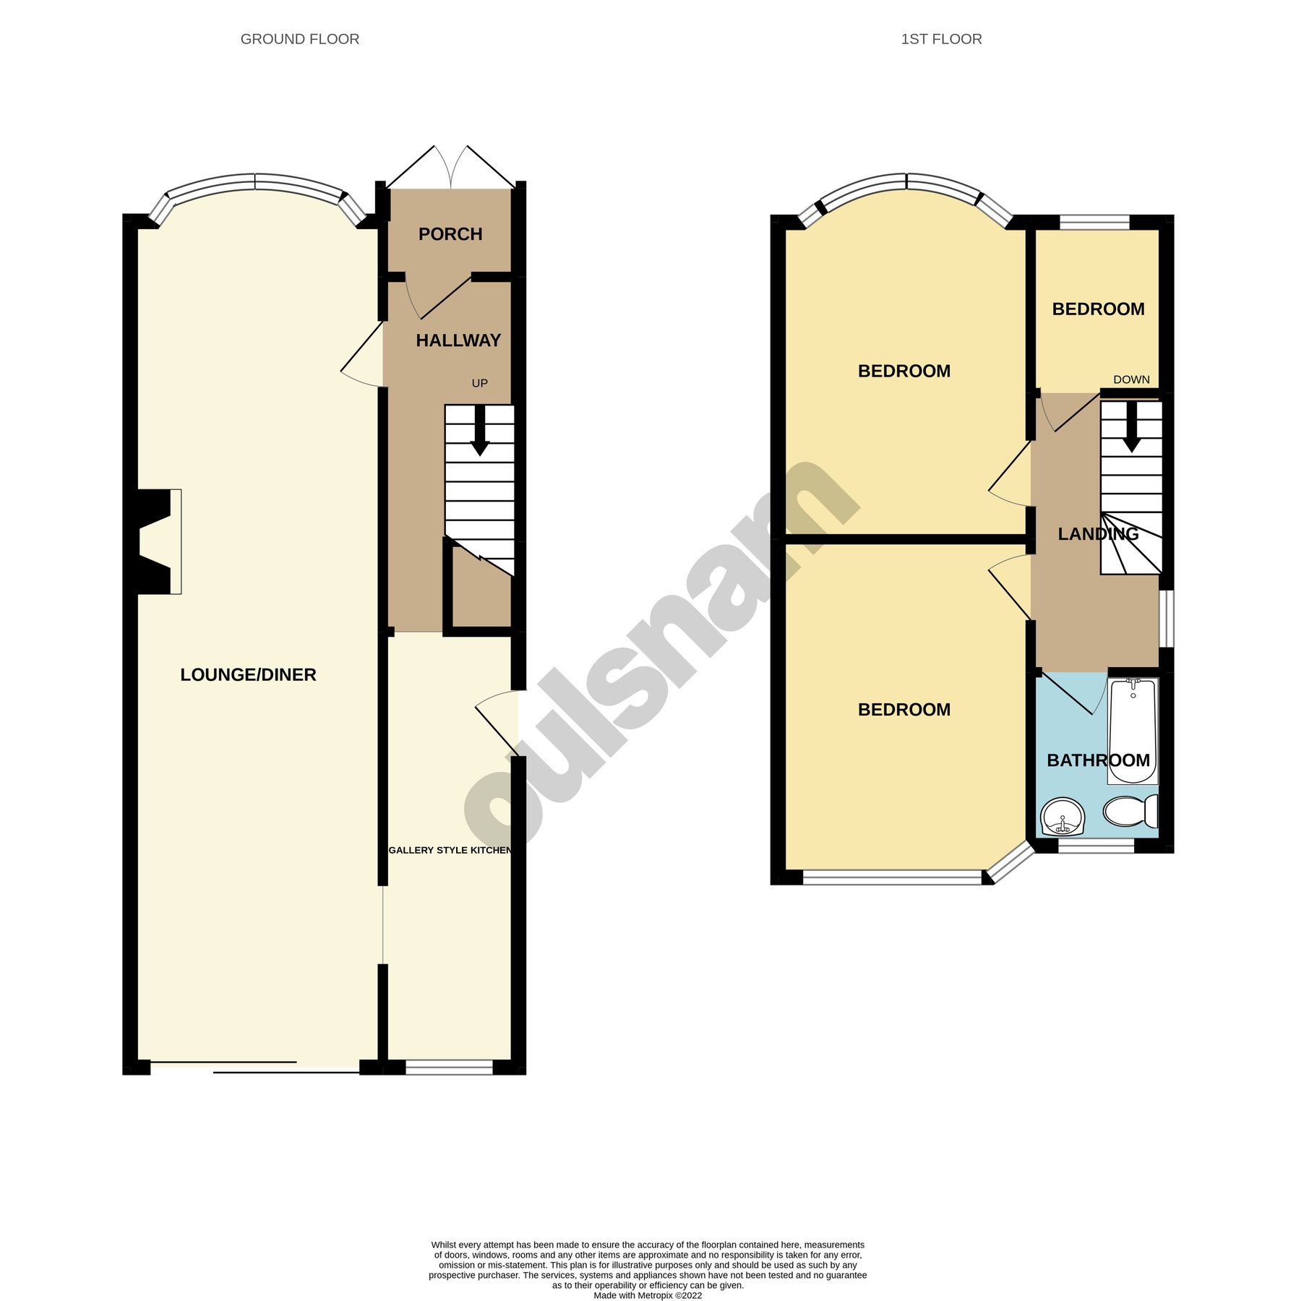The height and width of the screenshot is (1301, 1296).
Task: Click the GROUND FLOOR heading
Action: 299,39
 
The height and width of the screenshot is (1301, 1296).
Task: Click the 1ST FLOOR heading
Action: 940,39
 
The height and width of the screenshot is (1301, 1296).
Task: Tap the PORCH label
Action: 450,234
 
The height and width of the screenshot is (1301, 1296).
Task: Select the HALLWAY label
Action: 458,340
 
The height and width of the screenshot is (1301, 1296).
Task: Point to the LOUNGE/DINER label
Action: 248,674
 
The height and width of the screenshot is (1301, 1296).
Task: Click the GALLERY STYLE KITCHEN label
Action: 450,850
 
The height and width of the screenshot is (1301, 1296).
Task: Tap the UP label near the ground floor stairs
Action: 479,383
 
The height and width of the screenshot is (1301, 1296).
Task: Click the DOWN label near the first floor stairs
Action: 1130,379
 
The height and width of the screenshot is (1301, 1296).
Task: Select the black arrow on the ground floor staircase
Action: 479,431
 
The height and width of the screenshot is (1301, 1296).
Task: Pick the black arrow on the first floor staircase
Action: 1131,428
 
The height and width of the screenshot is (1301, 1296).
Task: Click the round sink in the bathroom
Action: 1062,817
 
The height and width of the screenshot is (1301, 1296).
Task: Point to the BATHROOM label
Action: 1098,760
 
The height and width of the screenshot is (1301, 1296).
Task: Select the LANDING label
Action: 1097,534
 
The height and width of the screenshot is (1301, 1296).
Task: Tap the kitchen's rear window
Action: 449,1067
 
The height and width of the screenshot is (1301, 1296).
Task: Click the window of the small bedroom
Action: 1094,222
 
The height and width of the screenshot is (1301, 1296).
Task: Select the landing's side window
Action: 1166,619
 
